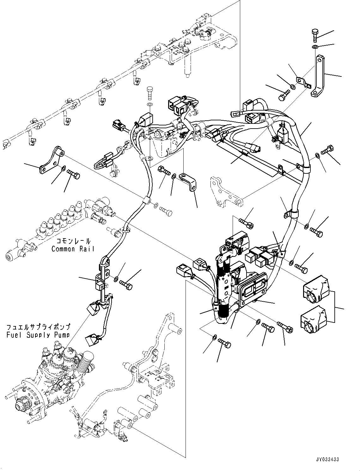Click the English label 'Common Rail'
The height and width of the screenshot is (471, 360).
[73, 249]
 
